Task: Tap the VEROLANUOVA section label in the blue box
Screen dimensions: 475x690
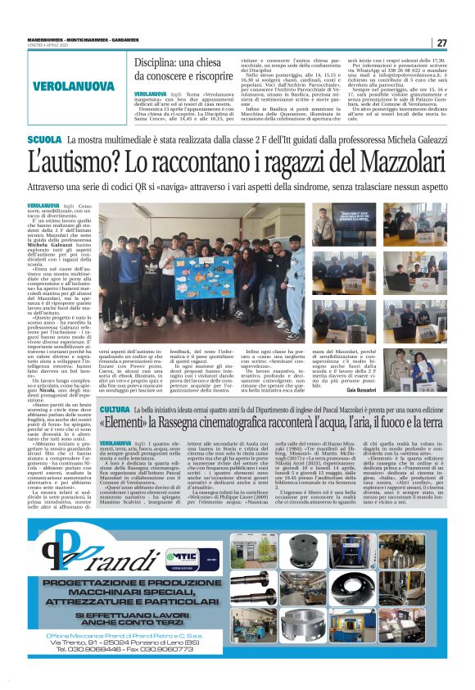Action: (75, 87)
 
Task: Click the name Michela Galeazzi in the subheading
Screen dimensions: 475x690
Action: (395, 141)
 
